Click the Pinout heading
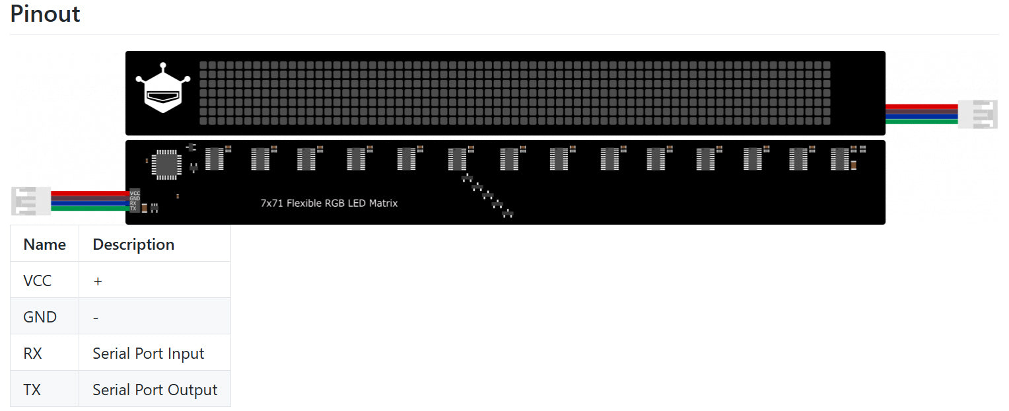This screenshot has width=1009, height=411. pyautogui.click(x=45, y=14)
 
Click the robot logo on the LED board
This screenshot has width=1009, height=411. pyautogui.click(x=163, y=89)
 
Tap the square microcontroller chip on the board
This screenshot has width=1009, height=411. pyautogui.click(x=166, y=165)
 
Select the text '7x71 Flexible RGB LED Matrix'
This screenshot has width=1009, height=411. pyautogui.click(x=329, y=204)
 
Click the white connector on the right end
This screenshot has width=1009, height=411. pyautogui.click(x=978, y=114)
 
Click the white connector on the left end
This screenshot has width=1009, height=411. pyautogui.click(x=31, y=201)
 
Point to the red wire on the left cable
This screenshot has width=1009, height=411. pyautogui.click(x=89, y=193)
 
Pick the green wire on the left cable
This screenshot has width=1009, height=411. pyautogui.click(x=89, y=208)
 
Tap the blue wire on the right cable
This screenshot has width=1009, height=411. pyautogui.click(x=921, y=116)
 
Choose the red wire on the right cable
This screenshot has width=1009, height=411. pyautogui.click(x=921, y=106)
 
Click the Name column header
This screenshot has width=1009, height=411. pyautogui.click(x=44, y=244)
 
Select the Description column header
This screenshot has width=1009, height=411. pyautogui.click(x=133, y=244)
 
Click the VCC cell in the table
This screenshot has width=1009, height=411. pyautogui.click(x=37, y=281)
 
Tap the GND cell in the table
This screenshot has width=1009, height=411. pyautogui.click(x=40, y=317)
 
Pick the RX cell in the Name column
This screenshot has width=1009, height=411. pyautogui.click(x=32, y=354)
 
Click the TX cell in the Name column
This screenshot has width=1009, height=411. pyautogui.click(x=32, y=390)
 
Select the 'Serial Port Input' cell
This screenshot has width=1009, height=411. pyautogui.click(x=149, y=354)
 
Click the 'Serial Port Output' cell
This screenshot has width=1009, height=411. pyautogui.click(x=155, y=390)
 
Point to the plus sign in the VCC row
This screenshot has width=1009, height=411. pyautogui.click(x=98, y=281)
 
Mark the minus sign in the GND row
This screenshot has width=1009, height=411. pyautogui.click(x=96, y=318)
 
